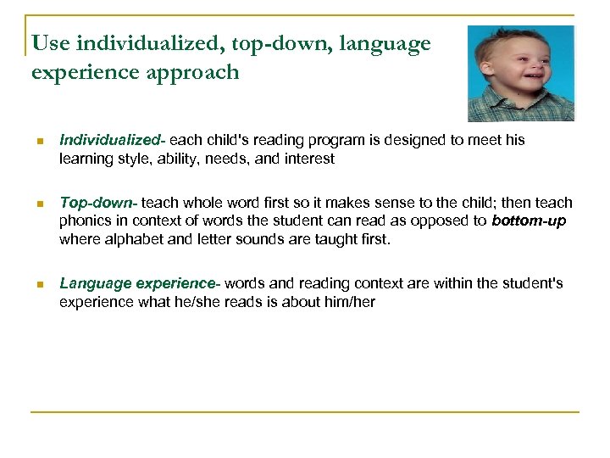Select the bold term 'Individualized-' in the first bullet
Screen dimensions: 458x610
109,140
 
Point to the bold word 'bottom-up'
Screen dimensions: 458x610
529,221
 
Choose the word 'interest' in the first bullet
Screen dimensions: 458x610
309,159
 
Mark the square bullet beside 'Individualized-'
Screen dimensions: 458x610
38,141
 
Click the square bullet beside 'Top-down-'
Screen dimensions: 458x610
38,204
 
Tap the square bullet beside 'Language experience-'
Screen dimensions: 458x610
38,283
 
